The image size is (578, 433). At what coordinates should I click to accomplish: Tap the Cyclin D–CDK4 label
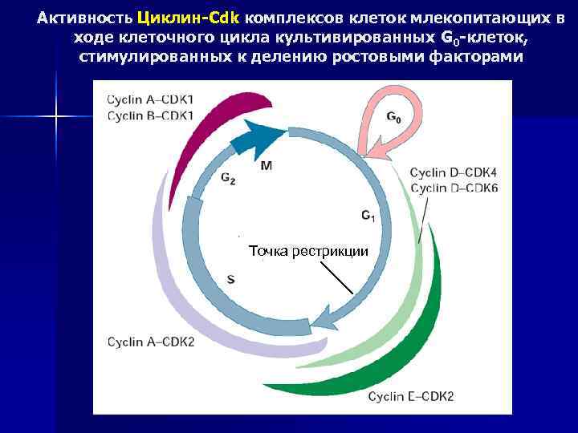(454, 172)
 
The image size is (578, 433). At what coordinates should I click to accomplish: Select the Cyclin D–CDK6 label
(454, 188)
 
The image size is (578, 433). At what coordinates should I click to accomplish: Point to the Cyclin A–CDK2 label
(151, 342)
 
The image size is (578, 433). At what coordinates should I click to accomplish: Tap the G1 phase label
(368, 216)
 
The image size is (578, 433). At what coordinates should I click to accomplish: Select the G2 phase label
(228, 179)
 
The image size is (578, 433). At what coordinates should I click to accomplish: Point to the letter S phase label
(231, 279)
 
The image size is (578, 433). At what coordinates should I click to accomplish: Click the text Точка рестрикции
(308, 251)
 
